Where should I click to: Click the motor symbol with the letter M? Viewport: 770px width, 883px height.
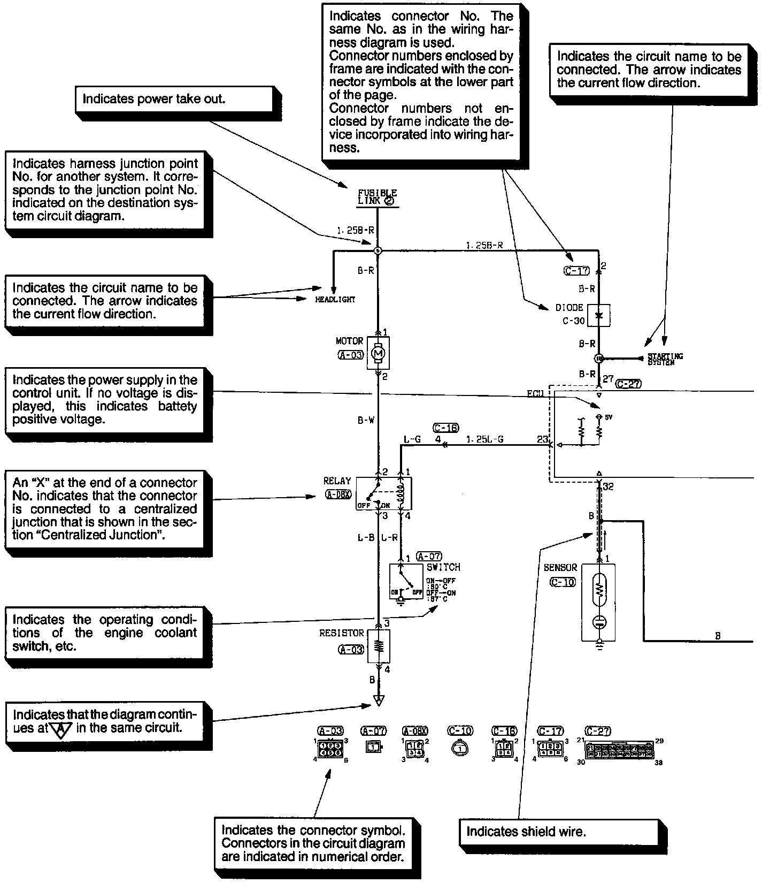tap(378, 353)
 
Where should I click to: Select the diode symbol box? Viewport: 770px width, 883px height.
tap(599, 315)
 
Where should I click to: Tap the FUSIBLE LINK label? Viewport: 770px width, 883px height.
tap(378, 197)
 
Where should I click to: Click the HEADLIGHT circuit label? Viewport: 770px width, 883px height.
tap(335, 300)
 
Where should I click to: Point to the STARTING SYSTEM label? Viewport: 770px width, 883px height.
tap(665, 359)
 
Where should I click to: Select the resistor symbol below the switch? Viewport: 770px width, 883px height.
tap(379, 646)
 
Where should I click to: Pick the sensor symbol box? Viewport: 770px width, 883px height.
tap(598, 602)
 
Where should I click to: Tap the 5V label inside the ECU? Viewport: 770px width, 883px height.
tap(609, 417)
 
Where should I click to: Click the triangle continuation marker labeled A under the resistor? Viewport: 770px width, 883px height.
tap(379, 699)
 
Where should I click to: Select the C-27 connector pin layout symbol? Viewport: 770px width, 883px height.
tap(619, 749)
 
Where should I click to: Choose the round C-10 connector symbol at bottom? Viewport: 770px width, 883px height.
tap(459, 748)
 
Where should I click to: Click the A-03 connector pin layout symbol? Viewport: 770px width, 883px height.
tap(330, 748)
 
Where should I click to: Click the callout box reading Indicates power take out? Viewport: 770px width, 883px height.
tap(171, 99)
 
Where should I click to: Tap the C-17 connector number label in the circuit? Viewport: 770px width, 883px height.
tap(576, 271)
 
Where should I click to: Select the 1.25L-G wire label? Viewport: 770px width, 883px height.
tap(484, 440)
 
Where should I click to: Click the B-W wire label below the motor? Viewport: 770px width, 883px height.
tap(366, 421)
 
